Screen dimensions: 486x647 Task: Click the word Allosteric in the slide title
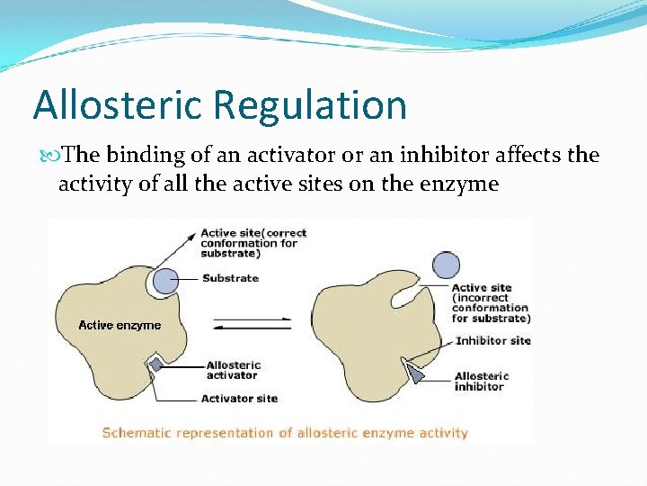118,104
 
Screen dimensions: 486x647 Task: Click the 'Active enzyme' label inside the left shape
120,325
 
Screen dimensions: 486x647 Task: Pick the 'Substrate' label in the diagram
230,278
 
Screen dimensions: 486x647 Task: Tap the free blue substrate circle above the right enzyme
446,265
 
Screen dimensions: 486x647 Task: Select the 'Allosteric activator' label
234,370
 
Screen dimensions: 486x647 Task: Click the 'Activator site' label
239,398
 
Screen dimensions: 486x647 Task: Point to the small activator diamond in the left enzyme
155,364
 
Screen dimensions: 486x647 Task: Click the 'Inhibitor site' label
493,340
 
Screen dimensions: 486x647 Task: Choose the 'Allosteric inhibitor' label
482,381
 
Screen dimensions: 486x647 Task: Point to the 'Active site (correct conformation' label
253,243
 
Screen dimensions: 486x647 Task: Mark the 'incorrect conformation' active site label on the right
490,303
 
